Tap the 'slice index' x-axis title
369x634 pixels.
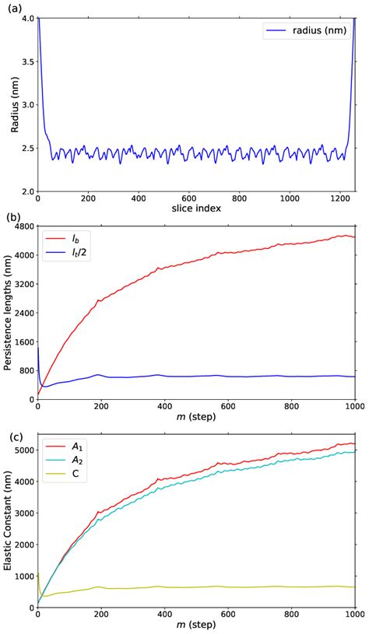pyautogui.click(x=196, y=208)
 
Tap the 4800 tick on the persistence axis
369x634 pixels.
pyautogui.click(x=22, y=226)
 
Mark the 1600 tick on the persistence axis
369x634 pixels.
pyautogui.click(x=22, y=342)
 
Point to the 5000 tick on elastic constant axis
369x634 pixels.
pyautogui.click(x=22, y=450)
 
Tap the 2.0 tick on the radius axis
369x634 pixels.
pyautogui.click(x=26, y=191)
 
